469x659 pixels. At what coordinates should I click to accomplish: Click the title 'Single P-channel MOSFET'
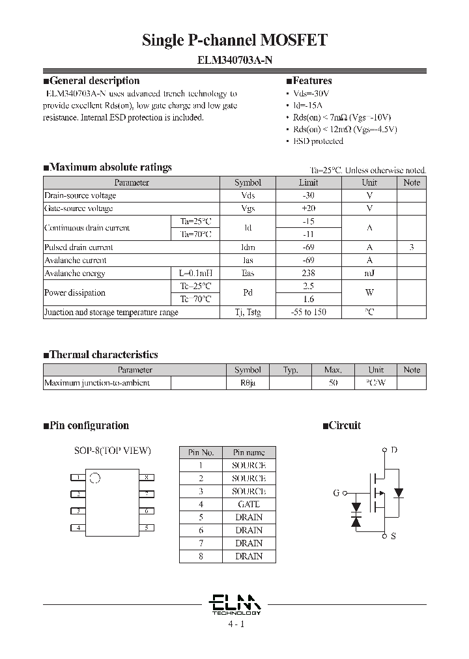coord(234,40)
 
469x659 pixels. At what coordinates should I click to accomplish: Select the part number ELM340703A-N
coord(234,60)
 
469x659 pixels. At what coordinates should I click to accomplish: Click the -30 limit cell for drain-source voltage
coord(309,195)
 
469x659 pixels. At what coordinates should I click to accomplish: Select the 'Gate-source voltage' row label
coord(79,208)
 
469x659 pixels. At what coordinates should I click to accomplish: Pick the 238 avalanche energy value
coord(309,273)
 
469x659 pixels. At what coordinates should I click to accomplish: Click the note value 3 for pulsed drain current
coord(412,247)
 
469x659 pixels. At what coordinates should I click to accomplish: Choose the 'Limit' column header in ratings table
coord(309,183)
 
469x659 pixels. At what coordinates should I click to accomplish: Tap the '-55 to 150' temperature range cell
coord(309,313)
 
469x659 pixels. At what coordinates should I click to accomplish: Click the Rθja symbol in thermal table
coord(248,383)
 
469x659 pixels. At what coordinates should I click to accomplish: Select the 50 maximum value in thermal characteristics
coord(333,383)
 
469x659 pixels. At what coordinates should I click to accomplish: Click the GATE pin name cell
coord(248,504)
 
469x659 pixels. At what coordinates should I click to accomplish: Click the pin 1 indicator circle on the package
coord(94,477)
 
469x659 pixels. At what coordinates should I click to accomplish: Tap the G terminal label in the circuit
coord(336,493)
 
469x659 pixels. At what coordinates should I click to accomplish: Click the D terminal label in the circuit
coord(393,450)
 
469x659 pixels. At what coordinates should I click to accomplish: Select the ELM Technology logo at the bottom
coord(235,604)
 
